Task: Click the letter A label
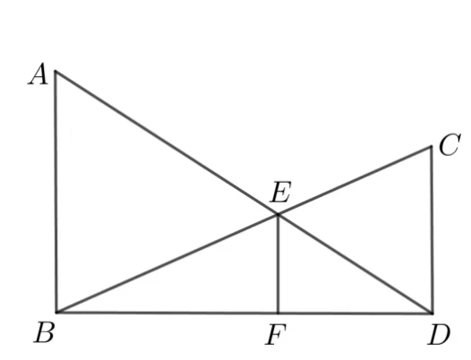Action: point(39,74)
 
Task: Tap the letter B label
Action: point(44,332)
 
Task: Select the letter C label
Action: point(450,144)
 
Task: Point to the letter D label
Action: point(439,334)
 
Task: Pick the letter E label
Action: point(281,192)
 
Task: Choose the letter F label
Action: point(276,334)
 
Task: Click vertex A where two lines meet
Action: point(56,72)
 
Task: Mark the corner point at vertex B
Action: point(56,313)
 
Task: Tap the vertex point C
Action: point(432,146)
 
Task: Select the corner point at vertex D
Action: point(432,313)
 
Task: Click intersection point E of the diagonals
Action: point(278,214)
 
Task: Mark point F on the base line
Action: point(278,313)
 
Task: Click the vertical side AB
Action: point(56,192)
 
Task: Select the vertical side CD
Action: point(432,230)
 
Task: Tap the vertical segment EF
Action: point(278,264)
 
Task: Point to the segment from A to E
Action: point(167,142)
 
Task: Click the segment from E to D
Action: point(355,264)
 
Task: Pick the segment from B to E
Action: point(167,263)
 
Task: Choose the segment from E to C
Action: point(355,180)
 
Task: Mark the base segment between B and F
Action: point(167,313)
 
